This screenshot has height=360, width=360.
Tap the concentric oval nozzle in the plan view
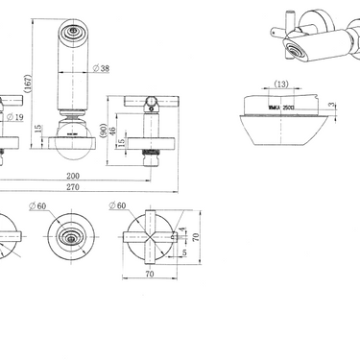(68, 235)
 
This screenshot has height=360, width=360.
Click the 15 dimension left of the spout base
(39, 129)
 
